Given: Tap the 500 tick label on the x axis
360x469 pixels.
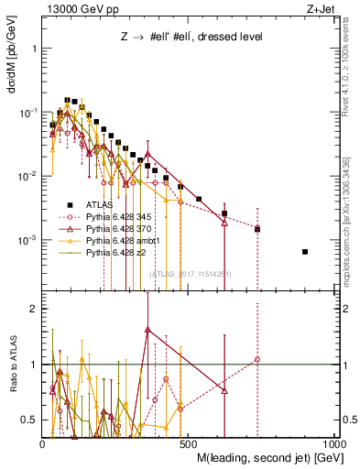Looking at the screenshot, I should point(189,442).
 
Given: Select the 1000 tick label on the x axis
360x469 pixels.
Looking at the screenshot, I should point(334,442).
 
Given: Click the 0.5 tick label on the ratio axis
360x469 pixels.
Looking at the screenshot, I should point(31,420).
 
